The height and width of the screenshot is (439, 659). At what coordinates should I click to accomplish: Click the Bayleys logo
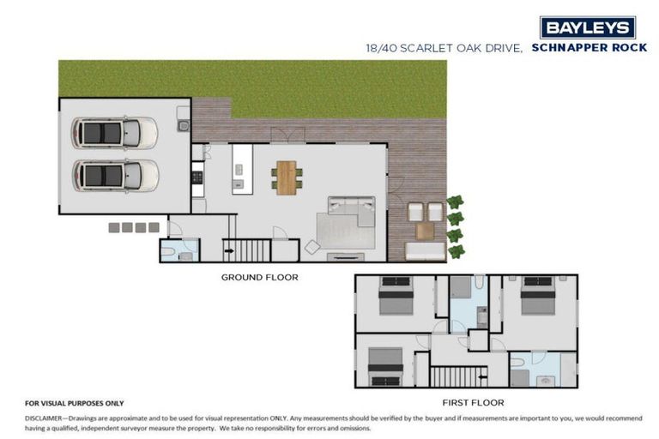coord(588,27)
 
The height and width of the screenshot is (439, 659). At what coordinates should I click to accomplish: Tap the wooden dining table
coord(286,177)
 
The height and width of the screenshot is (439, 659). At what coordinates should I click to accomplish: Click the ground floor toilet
coord(170,252)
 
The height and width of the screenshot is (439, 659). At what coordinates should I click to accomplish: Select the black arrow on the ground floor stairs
coord(228,251)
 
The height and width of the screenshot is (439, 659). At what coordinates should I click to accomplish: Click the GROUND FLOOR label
coord(259,277)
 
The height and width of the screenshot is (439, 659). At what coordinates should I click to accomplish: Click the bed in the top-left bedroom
coord(395,298)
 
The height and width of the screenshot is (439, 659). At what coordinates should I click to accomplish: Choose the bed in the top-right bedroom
coord(538,298)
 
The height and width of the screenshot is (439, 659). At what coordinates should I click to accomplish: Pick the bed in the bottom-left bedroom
coord(385,367)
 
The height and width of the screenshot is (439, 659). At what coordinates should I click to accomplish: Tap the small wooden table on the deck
coord(425,231)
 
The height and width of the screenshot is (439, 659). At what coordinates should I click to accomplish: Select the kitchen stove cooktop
coord(196,177)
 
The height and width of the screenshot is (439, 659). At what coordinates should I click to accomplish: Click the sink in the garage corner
coord(183,125)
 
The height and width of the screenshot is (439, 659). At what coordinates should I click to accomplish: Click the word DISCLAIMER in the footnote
coord(51,417)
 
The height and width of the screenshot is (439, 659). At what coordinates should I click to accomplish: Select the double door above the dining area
coord(287,135)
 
